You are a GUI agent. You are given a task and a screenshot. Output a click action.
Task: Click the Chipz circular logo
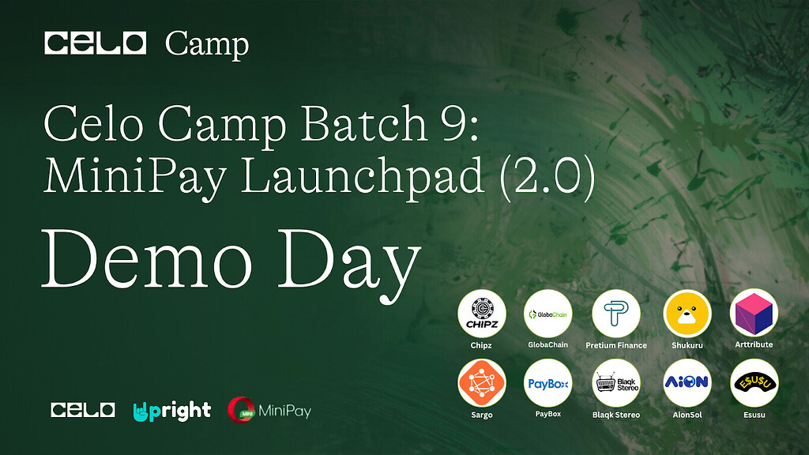click(481, 314)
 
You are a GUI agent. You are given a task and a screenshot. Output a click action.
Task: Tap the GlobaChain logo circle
click(548, 314)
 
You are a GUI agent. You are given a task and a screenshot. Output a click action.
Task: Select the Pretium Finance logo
click(615, 314)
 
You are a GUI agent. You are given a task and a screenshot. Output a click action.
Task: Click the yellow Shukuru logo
click(687, 314)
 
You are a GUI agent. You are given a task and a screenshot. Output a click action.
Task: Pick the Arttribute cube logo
click(754, 314)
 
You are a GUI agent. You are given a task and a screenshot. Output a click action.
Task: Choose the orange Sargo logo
click(481, 383)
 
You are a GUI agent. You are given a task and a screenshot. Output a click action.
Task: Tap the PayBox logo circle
click(548, 383)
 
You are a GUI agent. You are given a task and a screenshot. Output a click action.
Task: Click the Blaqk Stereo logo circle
click(615, 383)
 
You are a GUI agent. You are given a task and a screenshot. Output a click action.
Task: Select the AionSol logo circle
click(687, 383)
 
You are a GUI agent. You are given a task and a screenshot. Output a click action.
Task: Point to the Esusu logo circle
click(754, 383)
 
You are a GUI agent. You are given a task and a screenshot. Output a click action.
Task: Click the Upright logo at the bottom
click(172, 410)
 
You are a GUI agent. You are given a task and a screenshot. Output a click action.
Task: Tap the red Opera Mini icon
click(240, 410)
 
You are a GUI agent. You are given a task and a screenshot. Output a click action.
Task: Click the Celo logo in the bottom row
click(83, 410)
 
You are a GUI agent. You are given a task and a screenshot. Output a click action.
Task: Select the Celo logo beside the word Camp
click(96, 43)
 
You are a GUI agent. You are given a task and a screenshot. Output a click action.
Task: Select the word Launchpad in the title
click(363, 178)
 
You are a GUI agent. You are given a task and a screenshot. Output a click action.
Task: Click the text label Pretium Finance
click(615, 345)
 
